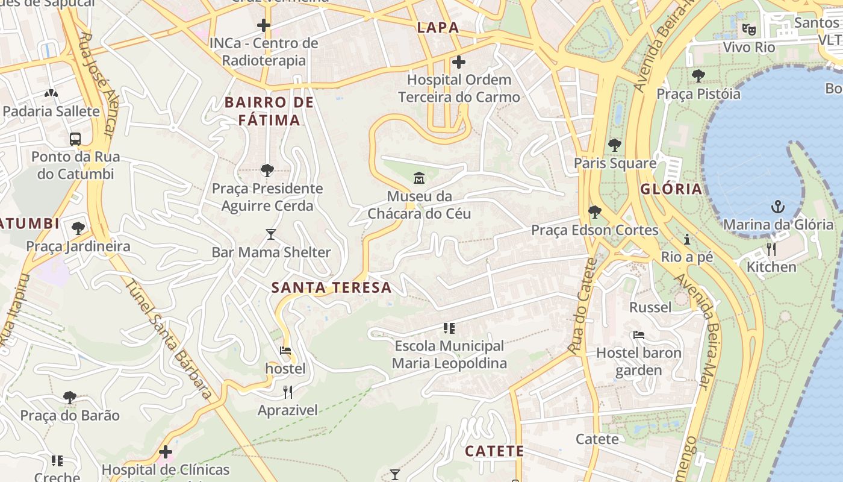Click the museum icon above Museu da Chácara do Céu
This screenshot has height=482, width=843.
[419, 178]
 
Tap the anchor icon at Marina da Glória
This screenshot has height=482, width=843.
[778, 207]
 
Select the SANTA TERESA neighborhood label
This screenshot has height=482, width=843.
[331, 287]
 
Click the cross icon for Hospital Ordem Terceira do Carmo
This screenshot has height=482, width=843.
[459, 61]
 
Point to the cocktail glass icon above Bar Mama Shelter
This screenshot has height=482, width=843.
[271, 234]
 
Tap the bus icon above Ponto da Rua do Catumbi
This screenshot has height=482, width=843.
[75, 139]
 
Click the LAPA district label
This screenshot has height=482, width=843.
[438, 27]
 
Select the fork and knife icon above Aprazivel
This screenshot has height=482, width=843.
[288, 392]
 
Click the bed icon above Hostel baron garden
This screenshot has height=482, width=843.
[639, 335]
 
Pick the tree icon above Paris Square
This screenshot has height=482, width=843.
[614, 145]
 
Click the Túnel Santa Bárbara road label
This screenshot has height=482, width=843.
[170, 339]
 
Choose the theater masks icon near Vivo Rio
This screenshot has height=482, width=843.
[748, 28]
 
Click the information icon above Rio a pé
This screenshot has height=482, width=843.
[686, 239]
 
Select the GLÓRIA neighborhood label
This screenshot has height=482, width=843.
[671, 189]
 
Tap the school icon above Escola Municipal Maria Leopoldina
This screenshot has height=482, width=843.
[449, 328]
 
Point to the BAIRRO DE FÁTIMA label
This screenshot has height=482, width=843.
[269, 111]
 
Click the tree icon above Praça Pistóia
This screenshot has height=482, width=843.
[698, 75]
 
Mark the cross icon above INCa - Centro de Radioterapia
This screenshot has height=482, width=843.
[263, 25]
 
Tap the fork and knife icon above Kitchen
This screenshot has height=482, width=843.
[771, 249]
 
